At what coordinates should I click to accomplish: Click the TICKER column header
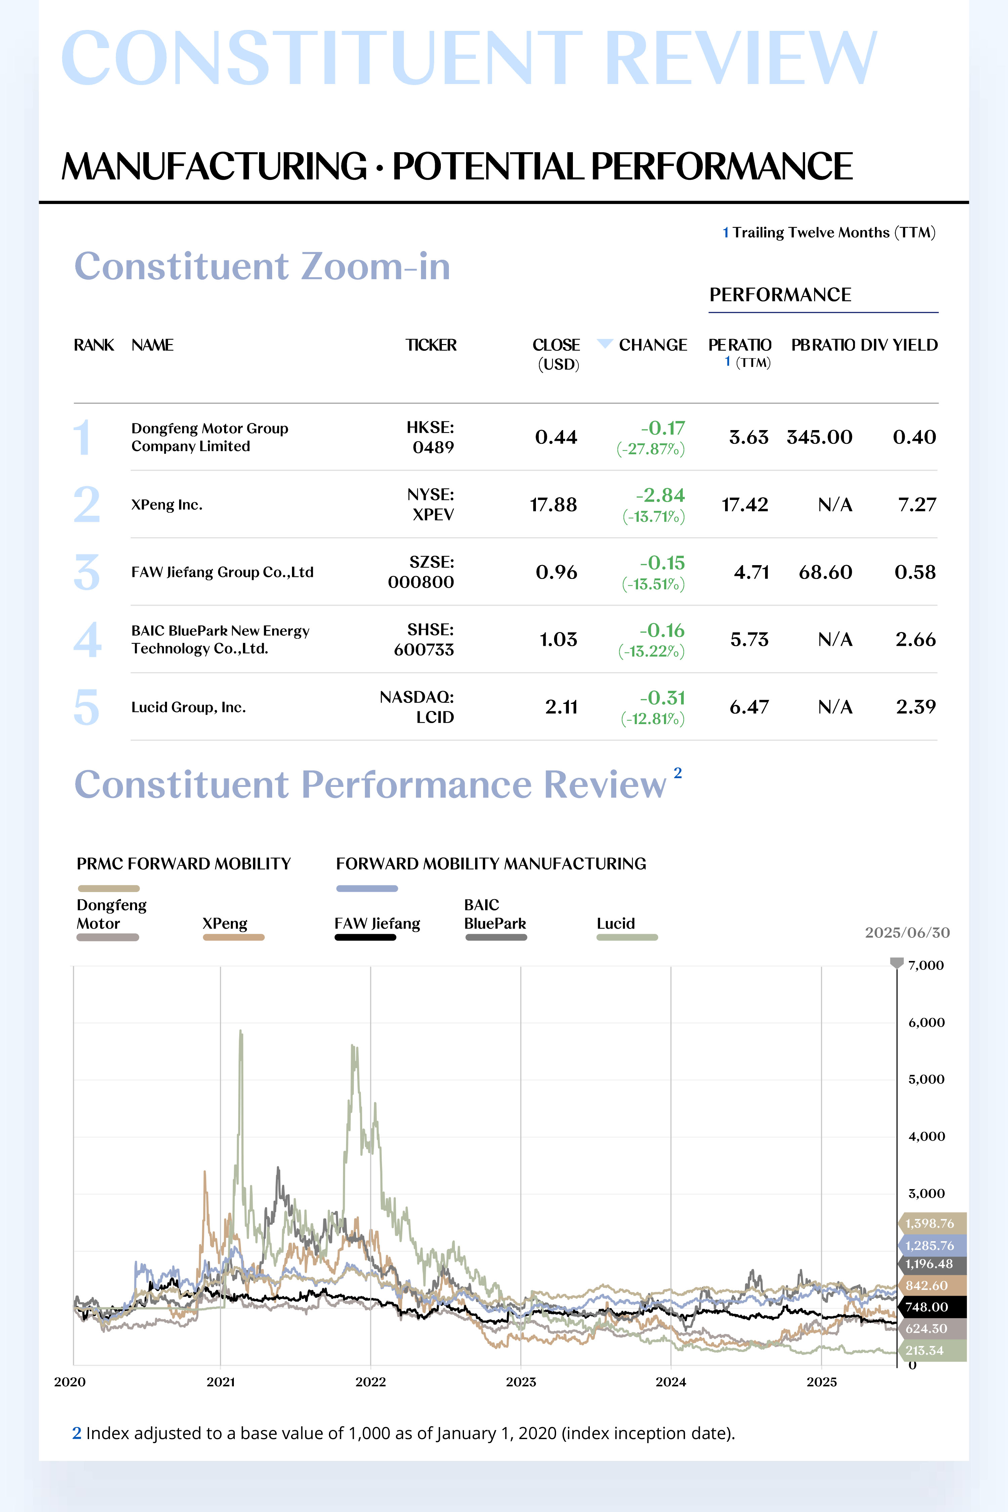pyautogui.click(x=431, y=345)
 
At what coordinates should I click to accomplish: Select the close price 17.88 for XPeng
pyautogui.click(x=553, y=505)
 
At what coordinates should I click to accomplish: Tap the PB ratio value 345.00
pyautogui.click(x=820, y=437)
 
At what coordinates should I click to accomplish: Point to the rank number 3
pyautogui.click(x=87, y=572)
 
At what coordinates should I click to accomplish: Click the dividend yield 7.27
pyautogui.click(x=917, y=505)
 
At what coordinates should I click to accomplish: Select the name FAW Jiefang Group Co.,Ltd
pyautogui.click(x=222, y=572)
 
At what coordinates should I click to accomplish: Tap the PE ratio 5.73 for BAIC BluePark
pyautogui.click(x=750, y=640)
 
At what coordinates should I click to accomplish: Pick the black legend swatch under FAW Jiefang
pyautogui.click(x=365, y=937)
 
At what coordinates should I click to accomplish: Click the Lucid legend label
pyautogui.click(x=616, y=923)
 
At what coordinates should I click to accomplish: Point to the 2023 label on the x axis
pyautogui.click(x=521, y=1382)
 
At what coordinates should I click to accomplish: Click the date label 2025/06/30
pyautogui.click(x=907, y=933)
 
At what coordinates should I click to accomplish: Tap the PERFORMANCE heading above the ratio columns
pyautogui.click(x=781, y=294)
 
